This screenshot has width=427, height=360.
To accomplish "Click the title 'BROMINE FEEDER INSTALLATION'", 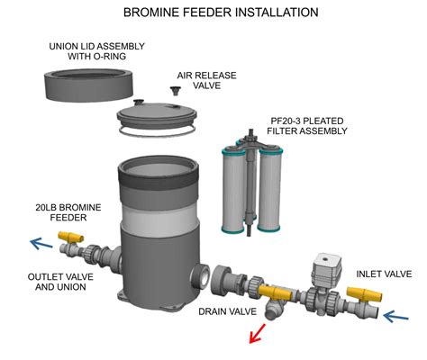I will tap(213, 13).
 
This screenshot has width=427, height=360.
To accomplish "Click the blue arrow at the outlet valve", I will tap(41, 241).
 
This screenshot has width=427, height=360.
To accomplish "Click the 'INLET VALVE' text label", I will tap(384, 274).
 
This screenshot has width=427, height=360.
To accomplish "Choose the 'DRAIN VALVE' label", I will tap(228, 311).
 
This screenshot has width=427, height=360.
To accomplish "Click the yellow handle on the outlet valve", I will tap(67, 237).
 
